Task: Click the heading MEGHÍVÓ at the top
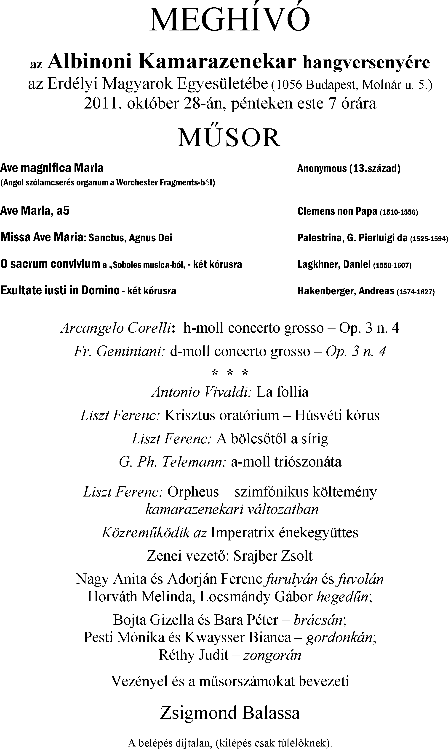click(229, 20)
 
